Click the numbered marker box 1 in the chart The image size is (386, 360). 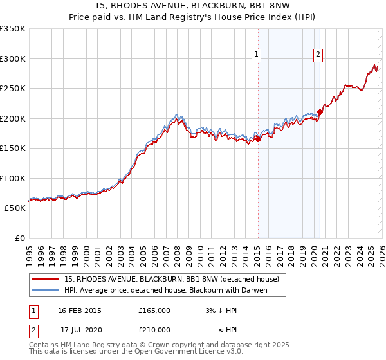[x=256, y=55]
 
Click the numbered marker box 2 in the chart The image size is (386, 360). [x=318, y=55]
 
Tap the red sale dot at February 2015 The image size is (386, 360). [x=258, y=138]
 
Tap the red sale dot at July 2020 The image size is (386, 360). [x=320, y=112]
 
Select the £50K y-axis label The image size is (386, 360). [x=15, y=208]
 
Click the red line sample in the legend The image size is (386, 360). [x=44, y=279]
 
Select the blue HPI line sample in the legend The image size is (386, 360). [x=44, y=290]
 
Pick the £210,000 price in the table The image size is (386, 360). [x=154, y=329]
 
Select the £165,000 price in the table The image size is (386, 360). [x=154, y=310]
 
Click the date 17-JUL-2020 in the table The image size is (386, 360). [x=80, y=329]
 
